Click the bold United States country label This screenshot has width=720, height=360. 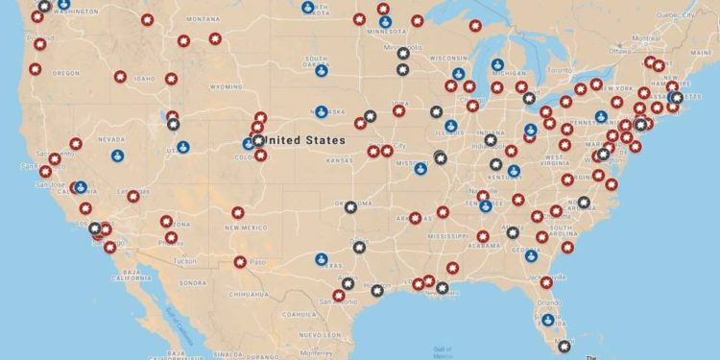(x=305, y=140)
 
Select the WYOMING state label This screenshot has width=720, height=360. (x=227, y=86)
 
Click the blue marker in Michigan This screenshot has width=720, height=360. (x=497, y=65)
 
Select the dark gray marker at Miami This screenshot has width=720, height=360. (x=565, y=347)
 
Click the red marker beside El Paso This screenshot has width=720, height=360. (x=240, y=261)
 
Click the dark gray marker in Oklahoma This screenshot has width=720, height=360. (x=351, y=206)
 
